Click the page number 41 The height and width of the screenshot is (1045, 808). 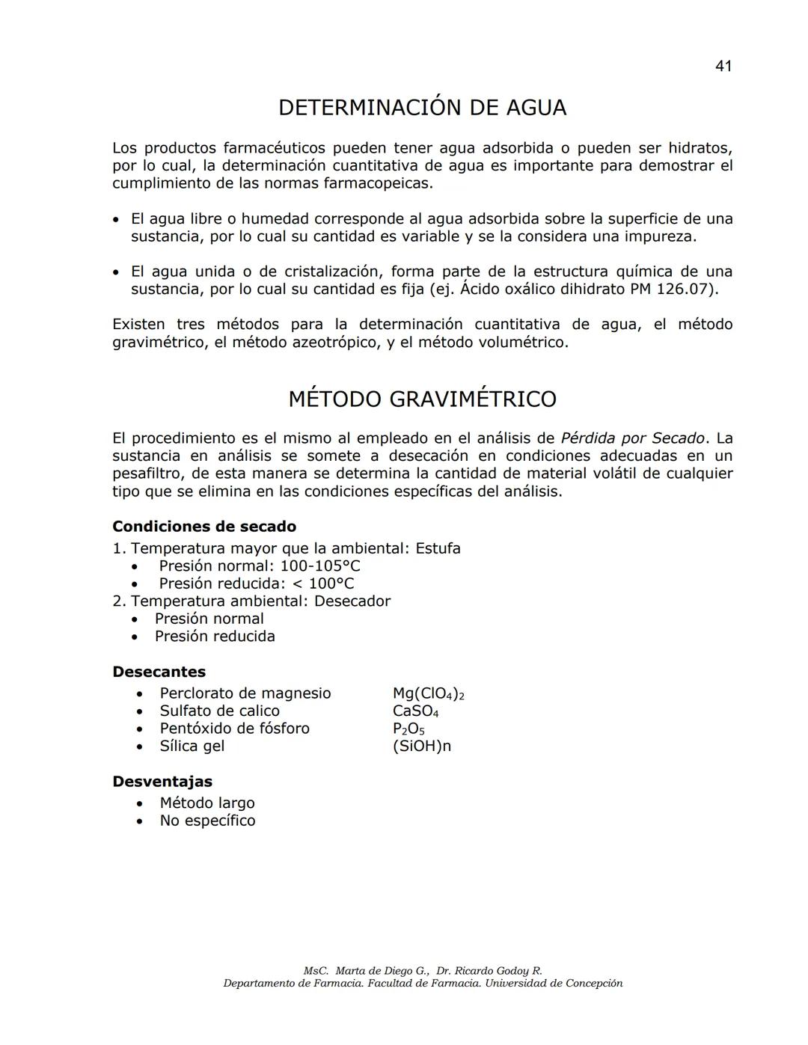(x=723, y=66)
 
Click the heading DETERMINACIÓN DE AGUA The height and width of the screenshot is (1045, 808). (x=422, y=108)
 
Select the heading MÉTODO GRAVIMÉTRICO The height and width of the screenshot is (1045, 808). (x=422, y=399)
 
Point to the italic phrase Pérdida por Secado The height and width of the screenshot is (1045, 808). (x=632, y=438)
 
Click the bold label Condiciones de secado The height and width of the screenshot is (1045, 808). (x=204, y=527)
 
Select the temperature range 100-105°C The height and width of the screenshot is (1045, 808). (x=320, y=566)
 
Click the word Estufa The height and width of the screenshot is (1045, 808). (x=438, y=548)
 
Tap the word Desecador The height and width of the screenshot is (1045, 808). (x=352, y=601)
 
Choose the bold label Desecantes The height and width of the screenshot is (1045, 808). (x=159, y=672)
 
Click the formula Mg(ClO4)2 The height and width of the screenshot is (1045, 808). (x=428, y=694)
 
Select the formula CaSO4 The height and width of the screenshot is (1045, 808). (x=415, y=711)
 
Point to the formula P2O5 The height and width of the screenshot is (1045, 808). (x=408, y=729)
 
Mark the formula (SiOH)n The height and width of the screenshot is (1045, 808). (x=421, y=747)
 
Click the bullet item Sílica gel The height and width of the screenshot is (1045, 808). (x=192, y=747)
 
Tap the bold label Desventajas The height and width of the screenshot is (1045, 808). (x=162, y=782)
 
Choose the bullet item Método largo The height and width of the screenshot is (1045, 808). (x=207, y=803)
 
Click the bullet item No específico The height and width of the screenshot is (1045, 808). (x=207, y=821)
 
